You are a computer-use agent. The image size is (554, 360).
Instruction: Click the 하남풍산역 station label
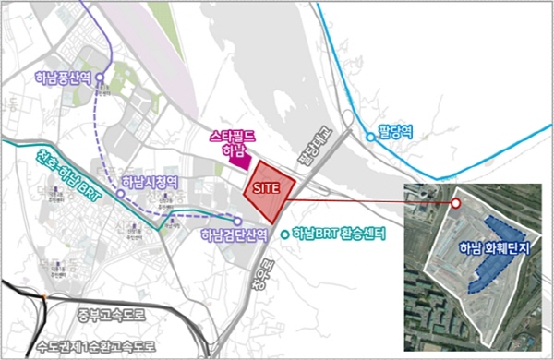[x=64, y=78]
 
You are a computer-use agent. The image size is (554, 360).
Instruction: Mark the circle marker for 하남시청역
[x=120, y=195]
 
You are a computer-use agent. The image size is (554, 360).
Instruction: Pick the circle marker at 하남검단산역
[x=238, y=222]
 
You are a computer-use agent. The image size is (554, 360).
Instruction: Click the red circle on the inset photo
[x=455, y=204]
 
